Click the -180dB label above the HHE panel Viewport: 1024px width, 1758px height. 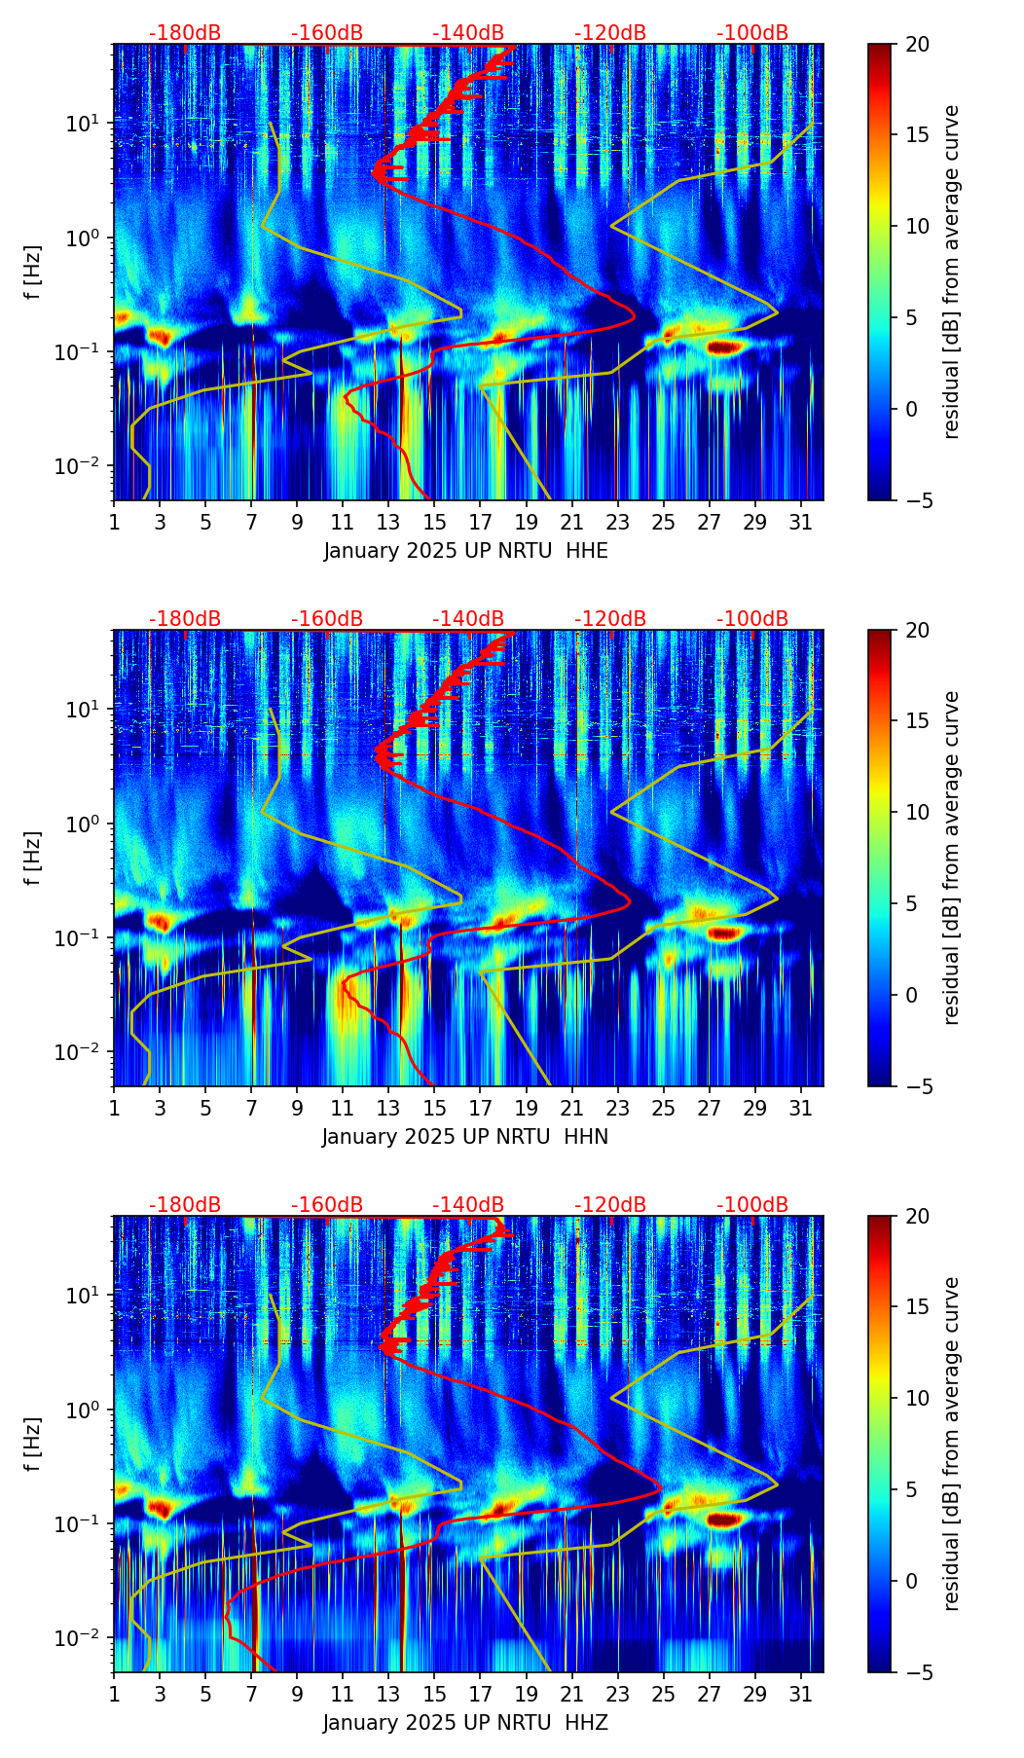click(185, 33)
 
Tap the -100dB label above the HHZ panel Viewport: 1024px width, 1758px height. click(752, 1205)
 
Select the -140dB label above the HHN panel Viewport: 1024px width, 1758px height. click(468, 619)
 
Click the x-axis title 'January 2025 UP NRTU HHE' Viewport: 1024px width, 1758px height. click(465, 551)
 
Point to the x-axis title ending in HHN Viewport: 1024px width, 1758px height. click(465, 1137)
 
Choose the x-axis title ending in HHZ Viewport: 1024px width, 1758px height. click(465, 1723)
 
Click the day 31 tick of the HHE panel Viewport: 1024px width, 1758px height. click(801, 522)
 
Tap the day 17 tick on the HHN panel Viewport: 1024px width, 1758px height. click(481, 1108)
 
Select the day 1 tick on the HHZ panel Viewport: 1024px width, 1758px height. click(114, 1694)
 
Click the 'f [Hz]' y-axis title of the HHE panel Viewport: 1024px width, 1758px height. click(33, 273)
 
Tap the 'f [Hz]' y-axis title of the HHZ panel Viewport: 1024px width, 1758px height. click(33, 1445)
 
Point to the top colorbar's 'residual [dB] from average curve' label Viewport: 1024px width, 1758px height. click(952, 273)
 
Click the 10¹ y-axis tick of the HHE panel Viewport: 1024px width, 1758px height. click(86, 124)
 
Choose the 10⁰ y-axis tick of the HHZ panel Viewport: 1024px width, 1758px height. click(86, 1410)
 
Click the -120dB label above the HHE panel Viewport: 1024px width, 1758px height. click(610, 33)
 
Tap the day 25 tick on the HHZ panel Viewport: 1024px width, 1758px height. click(664, 1694)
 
